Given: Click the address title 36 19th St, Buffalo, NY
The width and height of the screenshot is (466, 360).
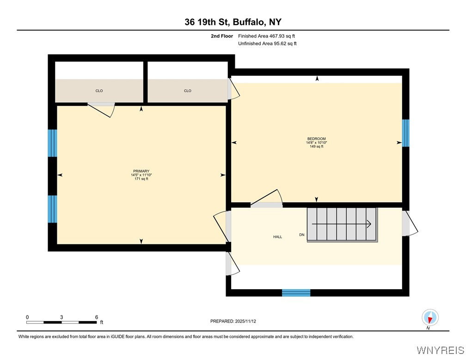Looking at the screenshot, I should [x=233, y=22].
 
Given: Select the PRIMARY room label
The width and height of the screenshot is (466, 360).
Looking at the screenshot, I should [x=141, y=171].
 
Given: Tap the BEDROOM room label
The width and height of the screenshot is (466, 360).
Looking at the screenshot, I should [x=317, y=139].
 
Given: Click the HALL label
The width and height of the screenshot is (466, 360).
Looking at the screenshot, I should [x=277, y=237].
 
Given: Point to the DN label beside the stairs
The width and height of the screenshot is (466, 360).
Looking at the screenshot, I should [x=302, y=235].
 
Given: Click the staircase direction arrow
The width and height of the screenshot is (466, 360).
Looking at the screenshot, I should [x=342, y=224].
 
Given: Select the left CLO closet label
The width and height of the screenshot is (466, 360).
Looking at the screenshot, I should [x=99, y=91].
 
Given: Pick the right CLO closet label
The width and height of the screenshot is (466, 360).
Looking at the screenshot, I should [x=188, y=91].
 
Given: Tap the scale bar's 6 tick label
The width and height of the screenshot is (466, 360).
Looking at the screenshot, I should [x=97, y=317].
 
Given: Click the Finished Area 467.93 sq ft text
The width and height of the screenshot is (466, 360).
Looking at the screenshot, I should [x=266, y=36].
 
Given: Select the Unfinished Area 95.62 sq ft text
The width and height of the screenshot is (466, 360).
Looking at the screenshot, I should [x=267, y=43].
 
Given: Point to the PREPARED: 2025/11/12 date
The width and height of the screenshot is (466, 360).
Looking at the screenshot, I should [x=233, y=321].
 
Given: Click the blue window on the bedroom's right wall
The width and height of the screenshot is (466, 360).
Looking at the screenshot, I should [x=405, y=133].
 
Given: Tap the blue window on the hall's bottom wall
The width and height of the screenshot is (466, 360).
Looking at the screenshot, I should [x=296, y=292].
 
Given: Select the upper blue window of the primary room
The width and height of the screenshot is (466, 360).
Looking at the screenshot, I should [x=53, y=143].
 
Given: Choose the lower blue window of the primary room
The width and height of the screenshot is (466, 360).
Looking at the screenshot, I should [x=53, y=209].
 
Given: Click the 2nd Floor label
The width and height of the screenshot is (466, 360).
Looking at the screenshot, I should [x=222, y=36].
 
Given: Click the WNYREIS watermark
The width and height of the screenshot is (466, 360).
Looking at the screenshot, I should [x=440, y=350].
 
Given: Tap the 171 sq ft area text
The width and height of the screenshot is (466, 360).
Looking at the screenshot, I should [x=141, y=179].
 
